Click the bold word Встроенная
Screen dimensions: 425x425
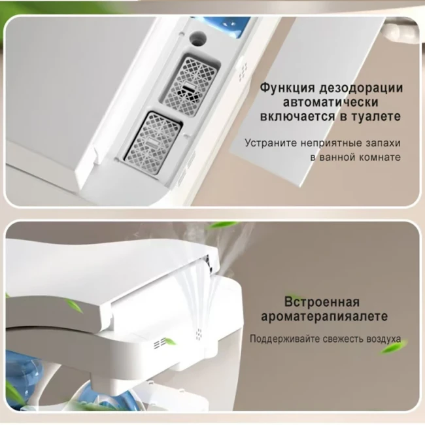pos(322,302)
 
